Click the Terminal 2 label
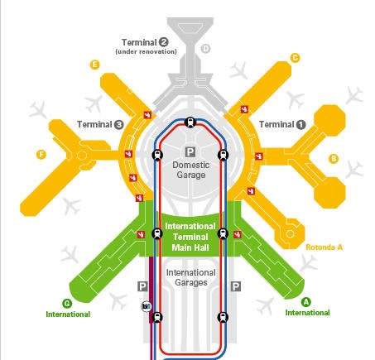tap(145, 42)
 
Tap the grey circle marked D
tap(205, 49)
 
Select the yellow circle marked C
tap(295, 58)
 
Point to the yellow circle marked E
tap(94, 65)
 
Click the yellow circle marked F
tap(41, 155)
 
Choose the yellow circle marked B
tap(334, 159)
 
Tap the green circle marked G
tap(67, 304)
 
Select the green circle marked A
tap(305, 302)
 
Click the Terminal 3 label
tap(100, 124)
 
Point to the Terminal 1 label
tap(282, 124)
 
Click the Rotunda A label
tap(325, 247)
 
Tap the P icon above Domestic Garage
tap(190, 151)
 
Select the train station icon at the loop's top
tap(190, 122)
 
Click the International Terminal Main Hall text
tap(190, 237)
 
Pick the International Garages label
tap(191, 277)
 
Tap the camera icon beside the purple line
tap(147, 306)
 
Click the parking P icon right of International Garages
tap(236, 286)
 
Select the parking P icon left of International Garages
tap(142, 286)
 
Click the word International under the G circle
tap(68, 314)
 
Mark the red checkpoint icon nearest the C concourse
tap(244, 109)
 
